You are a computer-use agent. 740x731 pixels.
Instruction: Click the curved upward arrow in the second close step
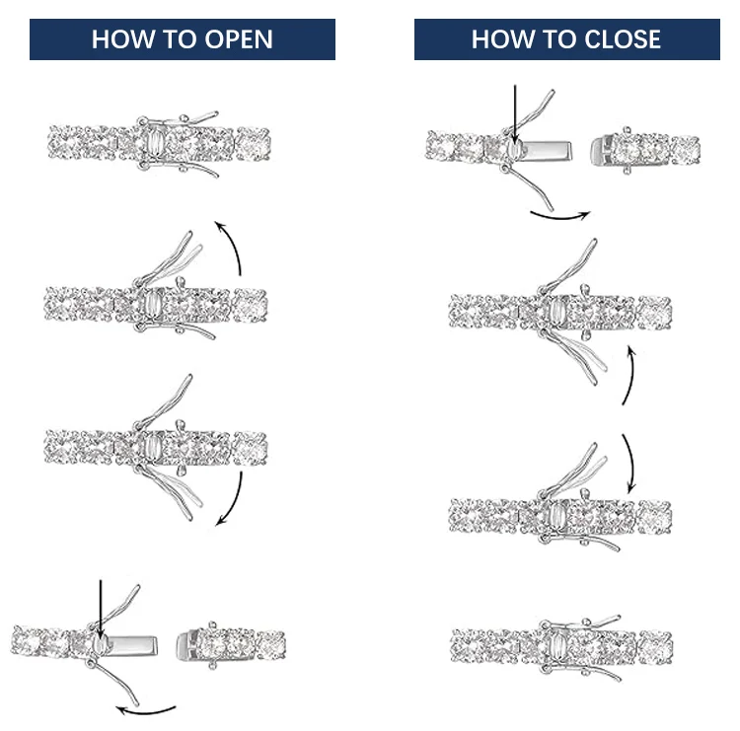coord(627,375)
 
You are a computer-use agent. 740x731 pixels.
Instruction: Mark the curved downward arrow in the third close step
coord(628,464)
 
